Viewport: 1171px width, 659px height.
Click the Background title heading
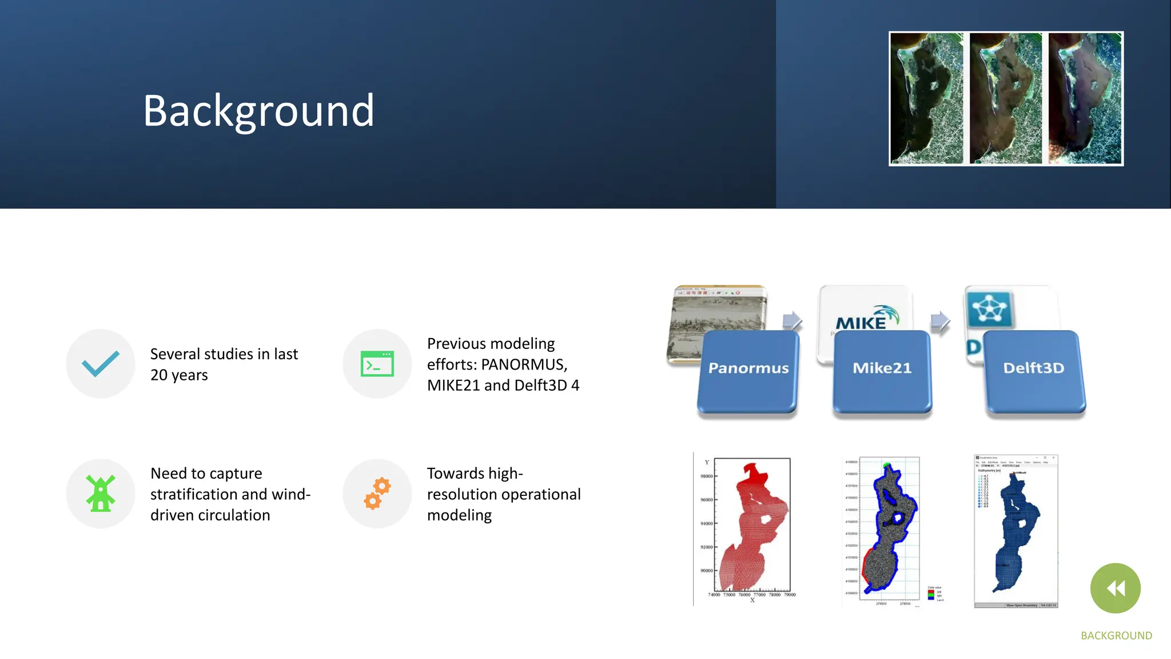tap(258, 110)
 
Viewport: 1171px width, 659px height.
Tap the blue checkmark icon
tap(101, 364)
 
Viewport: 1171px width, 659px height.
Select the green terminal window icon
tap(377, 364)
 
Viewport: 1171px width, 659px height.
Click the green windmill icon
tap(101, 493)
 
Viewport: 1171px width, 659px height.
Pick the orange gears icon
tap(377, 493)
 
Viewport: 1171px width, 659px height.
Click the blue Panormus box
tap(748, 371)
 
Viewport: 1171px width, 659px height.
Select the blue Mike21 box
tap(882, 371)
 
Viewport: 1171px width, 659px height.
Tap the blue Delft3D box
tap(1034, 371)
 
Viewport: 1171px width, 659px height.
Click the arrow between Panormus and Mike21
tap(792, 321)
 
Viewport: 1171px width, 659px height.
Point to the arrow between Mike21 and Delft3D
tap(940, 321)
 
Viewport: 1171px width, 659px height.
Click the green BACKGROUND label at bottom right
tap(1116, 636)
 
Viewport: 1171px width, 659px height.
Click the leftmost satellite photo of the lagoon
tap(926, 98)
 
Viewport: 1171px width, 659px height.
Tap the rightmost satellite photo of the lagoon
tap(1085, 98)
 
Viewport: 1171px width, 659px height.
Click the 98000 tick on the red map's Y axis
tap(706, 476)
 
